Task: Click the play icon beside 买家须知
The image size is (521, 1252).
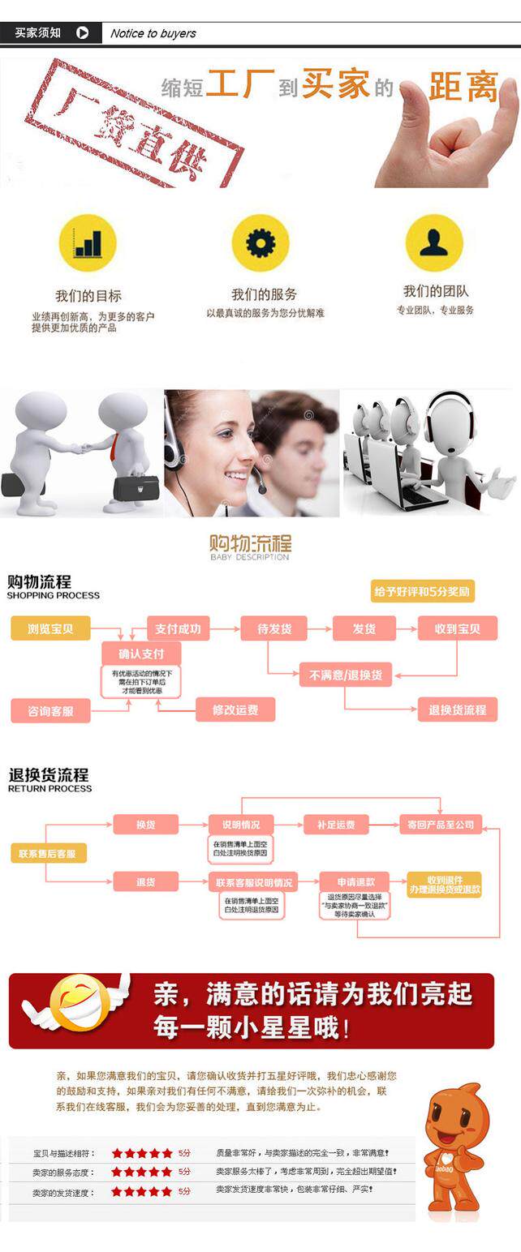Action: [82, 33]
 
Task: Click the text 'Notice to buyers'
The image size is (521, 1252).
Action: [153, 33]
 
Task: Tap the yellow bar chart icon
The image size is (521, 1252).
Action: [88, 242]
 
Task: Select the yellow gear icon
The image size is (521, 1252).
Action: [260, 242]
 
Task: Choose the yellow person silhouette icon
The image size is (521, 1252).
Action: [434, 242]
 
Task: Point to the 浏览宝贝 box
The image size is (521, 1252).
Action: [50, 628]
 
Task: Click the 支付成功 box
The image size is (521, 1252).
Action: [179, 628]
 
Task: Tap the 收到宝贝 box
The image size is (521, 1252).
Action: [458, 628]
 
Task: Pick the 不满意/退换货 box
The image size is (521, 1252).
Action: [346, 675]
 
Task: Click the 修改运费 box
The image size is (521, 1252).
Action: [235, 710]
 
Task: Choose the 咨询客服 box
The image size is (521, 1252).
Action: [50, 711]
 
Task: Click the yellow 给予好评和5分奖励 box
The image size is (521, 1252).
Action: [423, 591]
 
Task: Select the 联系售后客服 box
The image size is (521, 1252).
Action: [48, 853]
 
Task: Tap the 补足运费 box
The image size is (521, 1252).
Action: [336, 825]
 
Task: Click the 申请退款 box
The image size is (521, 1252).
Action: [354, 881]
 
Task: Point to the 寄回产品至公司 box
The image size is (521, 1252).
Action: [441, 825]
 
